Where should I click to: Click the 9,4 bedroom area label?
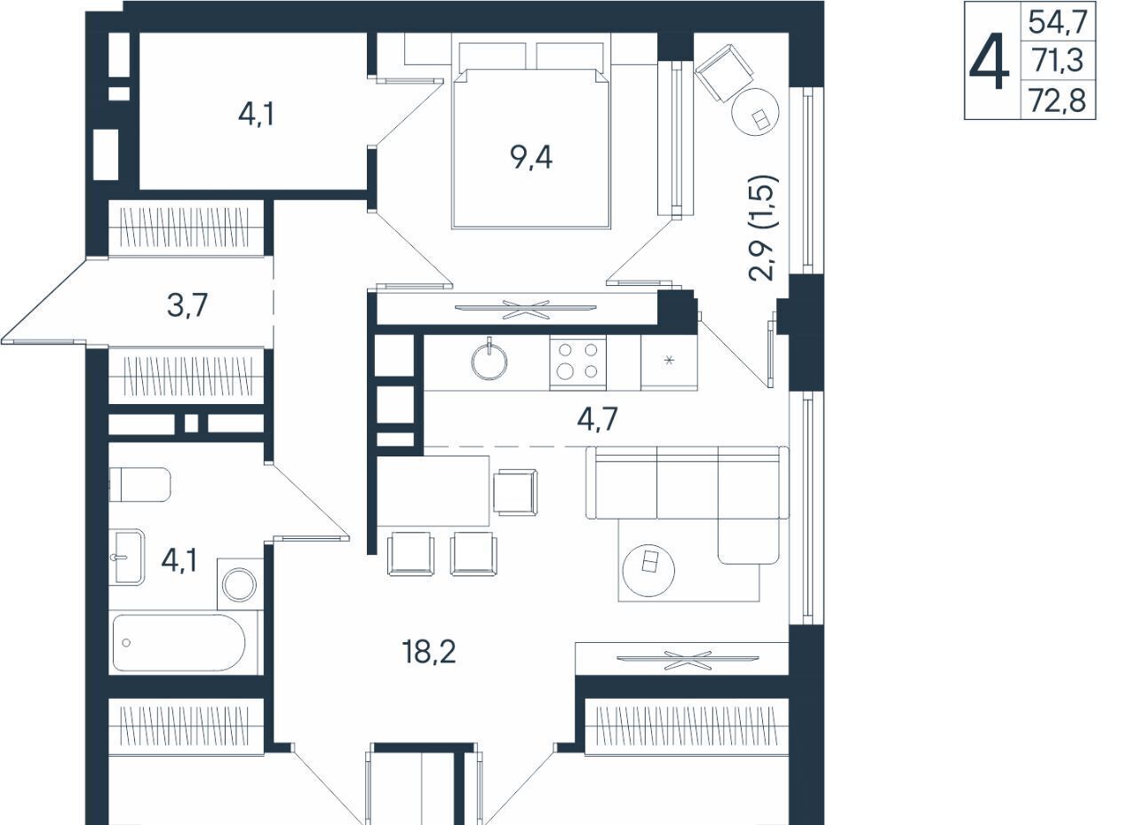pos(531,157)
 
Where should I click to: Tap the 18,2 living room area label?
pos(429,652)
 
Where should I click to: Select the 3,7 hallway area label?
pos(187,305)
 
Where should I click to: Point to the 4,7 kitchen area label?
pos(598,419)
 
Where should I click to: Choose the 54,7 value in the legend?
pos(1058,22)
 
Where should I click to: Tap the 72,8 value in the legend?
pos(1058,100)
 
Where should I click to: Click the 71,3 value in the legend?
pos(1058,60)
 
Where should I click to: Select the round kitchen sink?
pos(489,361)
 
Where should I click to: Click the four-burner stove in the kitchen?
pos(577,363)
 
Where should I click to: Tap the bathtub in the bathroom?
pos(179,643)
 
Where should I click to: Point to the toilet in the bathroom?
pos(139,485)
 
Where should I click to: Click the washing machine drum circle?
pos(240,584)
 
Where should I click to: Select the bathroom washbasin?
pos(127,557)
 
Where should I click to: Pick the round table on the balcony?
pos(755,112)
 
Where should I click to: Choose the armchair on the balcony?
pos(724,72)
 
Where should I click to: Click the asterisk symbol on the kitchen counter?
pos(670,361)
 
